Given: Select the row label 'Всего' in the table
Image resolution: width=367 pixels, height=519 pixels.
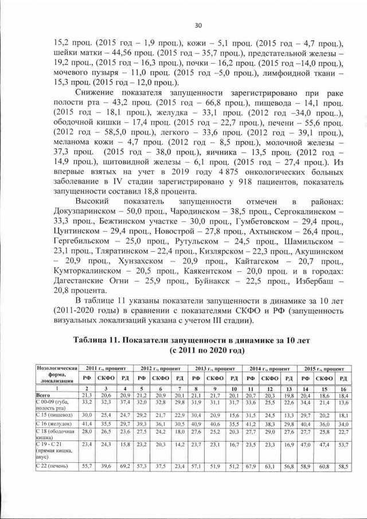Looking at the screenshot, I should tap(43, 396).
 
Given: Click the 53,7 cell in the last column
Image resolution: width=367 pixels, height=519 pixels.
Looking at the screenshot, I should tap(343, 444).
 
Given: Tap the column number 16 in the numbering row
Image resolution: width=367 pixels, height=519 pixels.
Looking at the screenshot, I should tap(343, 389).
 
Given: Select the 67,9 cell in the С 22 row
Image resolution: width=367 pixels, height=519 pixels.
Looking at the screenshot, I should tap(250, 466).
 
